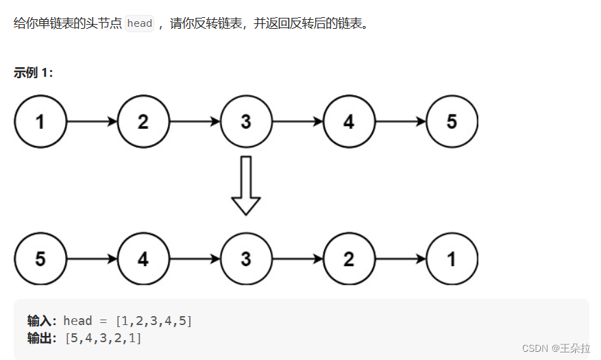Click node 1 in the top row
point(40,122)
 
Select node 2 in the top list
point(143,122)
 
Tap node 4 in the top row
point(349,122)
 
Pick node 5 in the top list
point(452,122)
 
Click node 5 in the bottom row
point(40,259)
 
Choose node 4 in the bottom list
point(143,259)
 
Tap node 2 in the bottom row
point(349,259)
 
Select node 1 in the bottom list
point(452,259)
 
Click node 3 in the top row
point(246,122)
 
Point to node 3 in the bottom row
point(246,259)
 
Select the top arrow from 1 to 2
point(92,122)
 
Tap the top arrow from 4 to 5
point(400,122)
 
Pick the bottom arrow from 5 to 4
point(92,259)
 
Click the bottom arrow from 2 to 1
point(400,259)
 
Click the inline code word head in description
point(140,23)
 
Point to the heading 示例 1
point(33,73)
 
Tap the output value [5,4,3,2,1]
point(103,337)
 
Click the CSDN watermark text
point(556,348)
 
